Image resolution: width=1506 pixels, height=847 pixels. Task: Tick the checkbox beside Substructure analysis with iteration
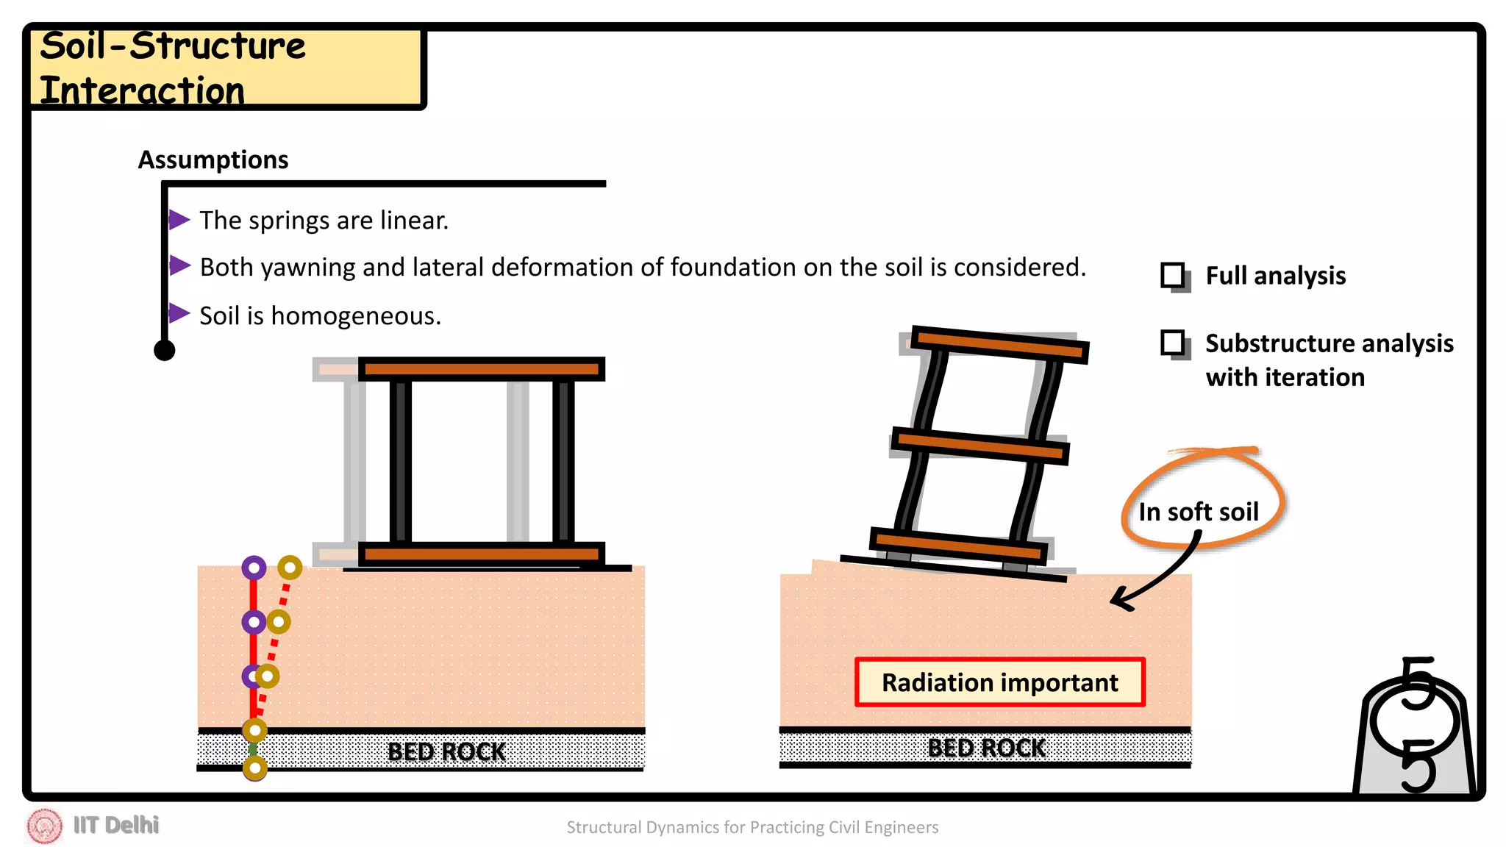pos(1173,343)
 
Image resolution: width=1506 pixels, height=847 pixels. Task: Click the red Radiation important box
pos(999,682)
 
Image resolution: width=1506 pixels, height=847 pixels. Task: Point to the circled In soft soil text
pos(1198,512)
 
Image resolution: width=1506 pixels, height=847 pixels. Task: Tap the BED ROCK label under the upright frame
pos(446,751)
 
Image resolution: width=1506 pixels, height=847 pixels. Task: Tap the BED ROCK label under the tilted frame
pos(985,748)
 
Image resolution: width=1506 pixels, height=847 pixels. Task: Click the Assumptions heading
pos(213,160)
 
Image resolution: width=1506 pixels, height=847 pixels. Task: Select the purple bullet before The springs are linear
pos(179,219)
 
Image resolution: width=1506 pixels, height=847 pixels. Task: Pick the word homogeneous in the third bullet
pos(355,316)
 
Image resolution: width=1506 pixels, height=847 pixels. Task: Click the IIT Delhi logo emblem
pos(44,826)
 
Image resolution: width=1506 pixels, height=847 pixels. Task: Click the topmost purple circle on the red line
pos(254,568)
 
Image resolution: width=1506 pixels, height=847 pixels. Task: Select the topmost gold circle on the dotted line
pos(290,568)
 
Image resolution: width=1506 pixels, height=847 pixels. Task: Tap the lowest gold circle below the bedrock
pos(254,768)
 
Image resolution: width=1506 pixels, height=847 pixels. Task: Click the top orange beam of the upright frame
pos(482,369)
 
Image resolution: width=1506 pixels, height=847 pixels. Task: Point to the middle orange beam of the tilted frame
pos(979,446)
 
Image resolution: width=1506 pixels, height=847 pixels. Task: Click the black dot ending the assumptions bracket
pos(165,350)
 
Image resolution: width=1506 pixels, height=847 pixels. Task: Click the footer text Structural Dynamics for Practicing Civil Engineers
pos(752,827)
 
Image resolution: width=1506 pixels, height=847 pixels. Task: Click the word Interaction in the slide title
pos(142,91)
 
